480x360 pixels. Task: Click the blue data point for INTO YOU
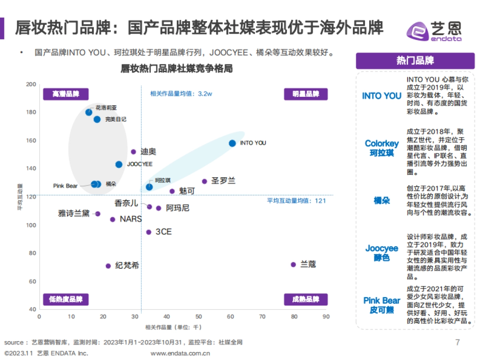click(232, 143)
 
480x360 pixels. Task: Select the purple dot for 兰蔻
click(293, 264)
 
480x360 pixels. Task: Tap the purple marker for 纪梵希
click(108, 266)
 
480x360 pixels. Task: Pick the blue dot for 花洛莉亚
click(89, 112)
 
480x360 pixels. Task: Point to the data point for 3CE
click(149, 232)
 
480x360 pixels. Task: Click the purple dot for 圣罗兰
click(204, 181)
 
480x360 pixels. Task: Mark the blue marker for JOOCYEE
click(119, 164)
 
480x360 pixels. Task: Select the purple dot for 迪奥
click(134, 152)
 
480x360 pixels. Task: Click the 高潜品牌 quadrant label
click(66, 94)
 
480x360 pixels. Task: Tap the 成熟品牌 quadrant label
click(306, 300)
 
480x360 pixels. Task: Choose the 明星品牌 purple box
click(306, 94)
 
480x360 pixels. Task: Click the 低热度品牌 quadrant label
click(66, 300)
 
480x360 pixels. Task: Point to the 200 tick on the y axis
click(31, 84)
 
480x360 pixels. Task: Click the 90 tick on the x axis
click(326, 316)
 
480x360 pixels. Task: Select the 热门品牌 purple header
click(415, 61)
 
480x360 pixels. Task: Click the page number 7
click(458, 342)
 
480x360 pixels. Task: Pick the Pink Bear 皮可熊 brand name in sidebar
click(382, 305)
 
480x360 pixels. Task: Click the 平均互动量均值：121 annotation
click(296, 201)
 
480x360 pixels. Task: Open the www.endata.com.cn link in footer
click(180, 353)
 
